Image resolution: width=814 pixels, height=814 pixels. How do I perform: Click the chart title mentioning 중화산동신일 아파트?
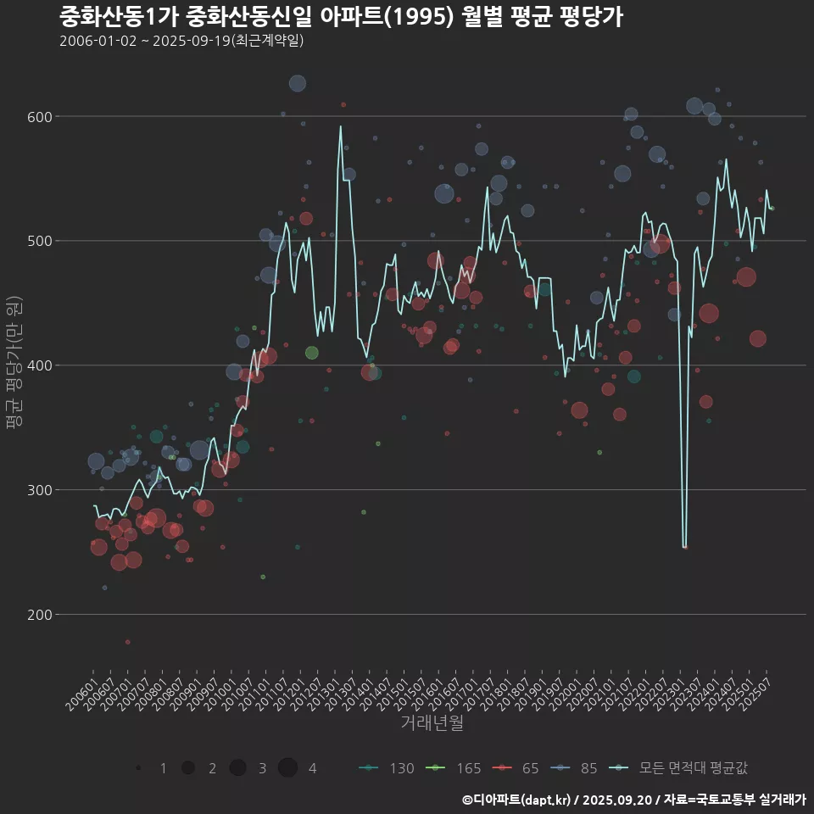tap(341, 17)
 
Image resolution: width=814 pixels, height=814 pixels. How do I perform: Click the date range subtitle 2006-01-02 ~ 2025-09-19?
tap(181, 42)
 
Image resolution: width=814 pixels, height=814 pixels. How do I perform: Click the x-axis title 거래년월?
tap(432, 723)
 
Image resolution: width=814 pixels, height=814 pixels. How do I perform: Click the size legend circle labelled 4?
tap(287, 768)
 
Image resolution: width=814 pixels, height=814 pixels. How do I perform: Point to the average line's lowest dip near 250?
tap(684, 547)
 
